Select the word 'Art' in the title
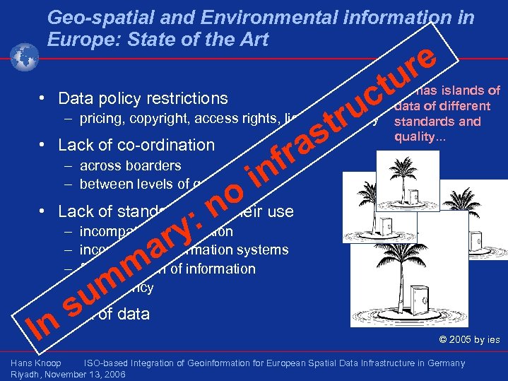pos(253,39)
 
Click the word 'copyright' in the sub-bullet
pos(156,118)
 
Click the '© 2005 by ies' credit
pos(469,340)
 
